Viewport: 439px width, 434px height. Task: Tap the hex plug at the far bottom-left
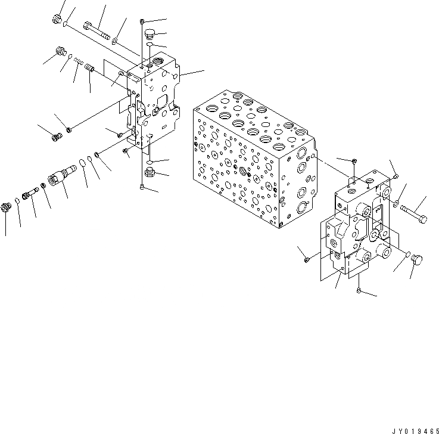[7, 207]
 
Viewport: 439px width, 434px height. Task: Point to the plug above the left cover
[150, 33]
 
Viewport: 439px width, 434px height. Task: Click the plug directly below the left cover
[150, 174]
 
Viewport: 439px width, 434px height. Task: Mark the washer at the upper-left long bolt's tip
[114, 41]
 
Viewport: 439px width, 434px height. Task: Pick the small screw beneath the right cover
[359, 290]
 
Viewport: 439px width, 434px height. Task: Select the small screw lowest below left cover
[142, 188]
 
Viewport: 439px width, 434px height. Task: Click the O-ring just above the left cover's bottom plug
[150, 162]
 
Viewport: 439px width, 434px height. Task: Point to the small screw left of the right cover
[306, 259]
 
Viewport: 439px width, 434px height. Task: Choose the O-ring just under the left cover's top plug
[150, 44]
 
